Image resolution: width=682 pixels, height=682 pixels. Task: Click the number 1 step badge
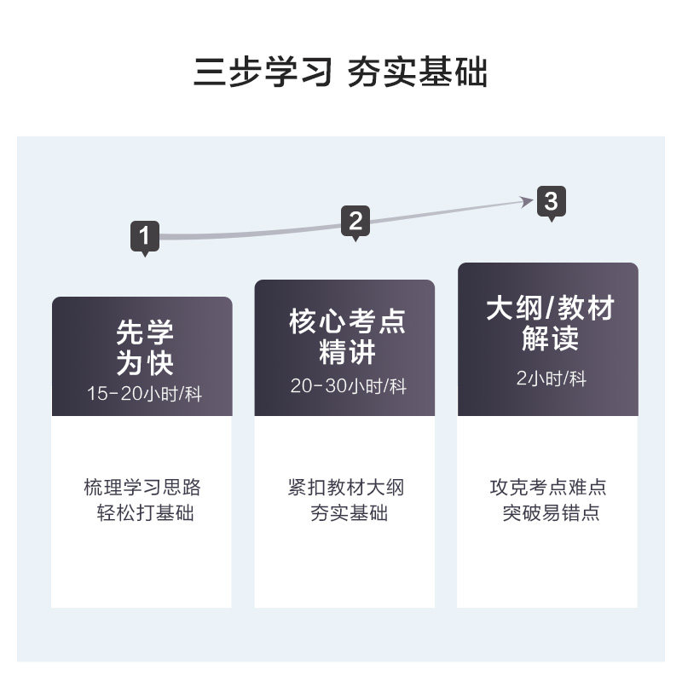click(145, 235)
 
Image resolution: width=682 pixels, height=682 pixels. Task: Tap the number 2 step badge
click(355, 221)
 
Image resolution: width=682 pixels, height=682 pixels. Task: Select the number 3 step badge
click(551, 203)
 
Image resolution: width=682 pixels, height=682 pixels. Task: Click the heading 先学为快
click(144, 348)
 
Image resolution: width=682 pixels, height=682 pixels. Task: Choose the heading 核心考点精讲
click(347, 336)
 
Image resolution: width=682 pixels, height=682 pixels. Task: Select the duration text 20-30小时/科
click(347, 386)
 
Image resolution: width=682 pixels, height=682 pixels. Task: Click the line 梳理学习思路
click(142, 488)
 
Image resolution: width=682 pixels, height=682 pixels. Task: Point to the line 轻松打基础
click(144, 514)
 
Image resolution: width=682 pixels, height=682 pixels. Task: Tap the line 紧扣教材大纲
click(346, 488)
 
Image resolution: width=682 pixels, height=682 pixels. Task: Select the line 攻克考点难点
click(548, 488)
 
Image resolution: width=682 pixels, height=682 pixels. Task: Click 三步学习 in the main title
click(262, 73)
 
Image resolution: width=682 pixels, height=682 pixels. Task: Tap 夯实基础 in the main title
click(418, 73)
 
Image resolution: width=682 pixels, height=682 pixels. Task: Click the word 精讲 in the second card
click(347, 352)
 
